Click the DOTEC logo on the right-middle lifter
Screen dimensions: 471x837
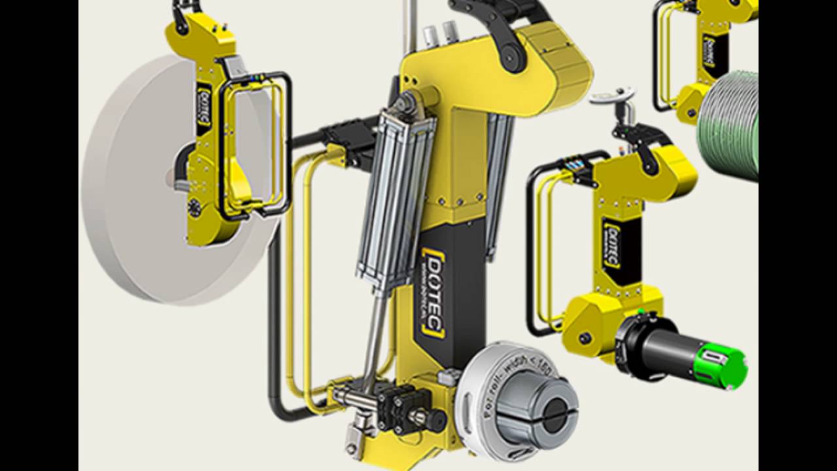(x=612, y=245)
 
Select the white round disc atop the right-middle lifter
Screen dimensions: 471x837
(x=612, y=97)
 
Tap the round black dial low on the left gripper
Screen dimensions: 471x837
(x=194, y=209)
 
